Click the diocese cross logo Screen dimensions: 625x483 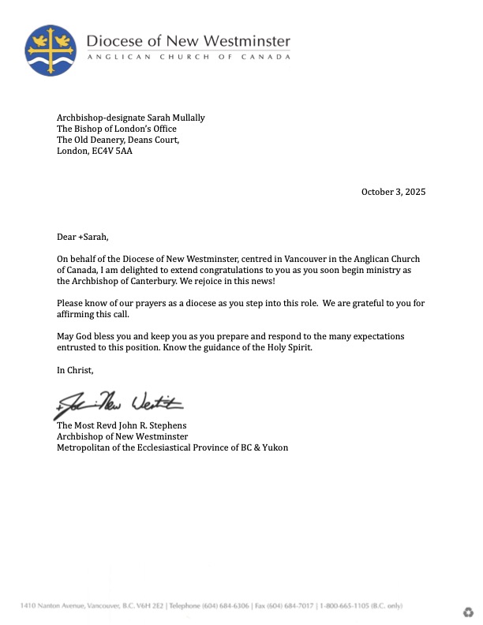click(x=51, y=50)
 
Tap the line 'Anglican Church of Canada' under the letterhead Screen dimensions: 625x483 click(x=188, y=58)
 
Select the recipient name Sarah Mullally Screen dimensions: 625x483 click(x=172, y=118)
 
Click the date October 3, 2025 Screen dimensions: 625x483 click(x=393, y=192)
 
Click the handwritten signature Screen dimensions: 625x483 click(x=118, y=404)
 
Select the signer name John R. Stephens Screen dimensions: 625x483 click(x=155, y=425)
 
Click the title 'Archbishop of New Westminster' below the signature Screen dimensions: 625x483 click(x=122, y=436)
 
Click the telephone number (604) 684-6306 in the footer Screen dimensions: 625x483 click(x=223, y=605)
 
